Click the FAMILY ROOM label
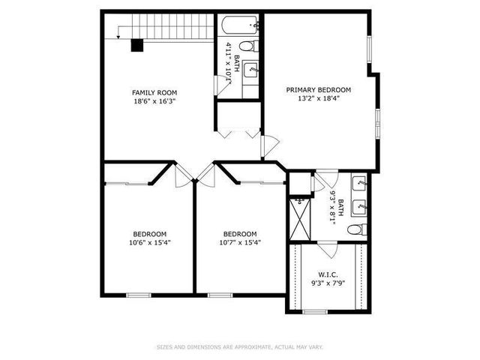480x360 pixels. tap(154, 91)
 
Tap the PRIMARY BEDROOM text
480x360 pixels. tap(318, 89)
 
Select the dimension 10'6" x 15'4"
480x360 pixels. tap(150, 242)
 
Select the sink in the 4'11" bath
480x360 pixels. tap(252, 70)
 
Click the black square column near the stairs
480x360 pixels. tap(136, 45)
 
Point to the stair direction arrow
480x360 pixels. tap(120, 31)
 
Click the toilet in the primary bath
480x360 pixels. tap(358, 229)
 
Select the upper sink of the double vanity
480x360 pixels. tap(359, 182)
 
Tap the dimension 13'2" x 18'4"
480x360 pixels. tap(318, 99)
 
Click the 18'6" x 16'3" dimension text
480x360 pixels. tap(154, 101)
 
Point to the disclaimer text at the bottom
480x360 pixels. tap(240, 346)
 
